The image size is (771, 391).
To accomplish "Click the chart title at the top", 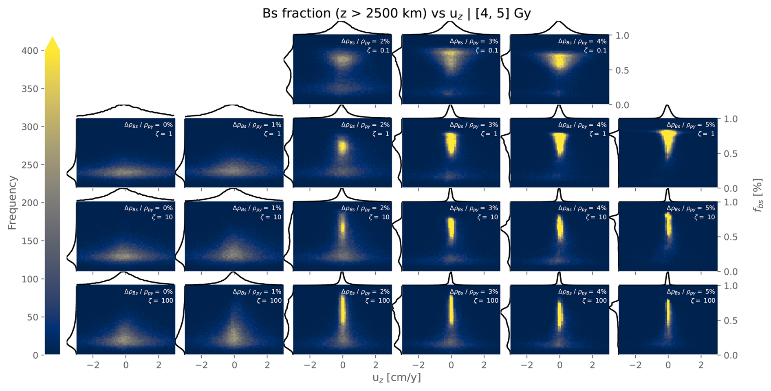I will point(396,13).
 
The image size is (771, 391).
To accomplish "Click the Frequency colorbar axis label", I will point(12,203).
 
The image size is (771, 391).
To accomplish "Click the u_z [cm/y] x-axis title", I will point(396,378).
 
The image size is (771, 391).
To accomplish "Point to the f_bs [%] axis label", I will point(758,195).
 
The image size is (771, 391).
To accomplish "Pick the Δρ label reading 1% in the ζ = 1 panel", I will point(257,125).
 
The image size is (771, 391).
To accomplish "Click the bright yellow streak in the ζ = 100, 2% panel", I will point(343,309).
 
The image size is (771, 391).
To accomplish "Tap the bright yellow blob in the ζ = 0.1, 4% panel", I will point(560,61).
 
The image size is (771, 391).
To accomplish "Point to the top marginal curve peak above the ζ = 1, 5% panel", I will point(667,105).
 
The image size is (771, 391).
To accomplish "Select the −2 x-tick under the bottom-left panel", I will point(93,365).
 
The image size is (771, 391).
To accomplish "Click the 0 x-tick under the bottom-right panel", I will point(667,365).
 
